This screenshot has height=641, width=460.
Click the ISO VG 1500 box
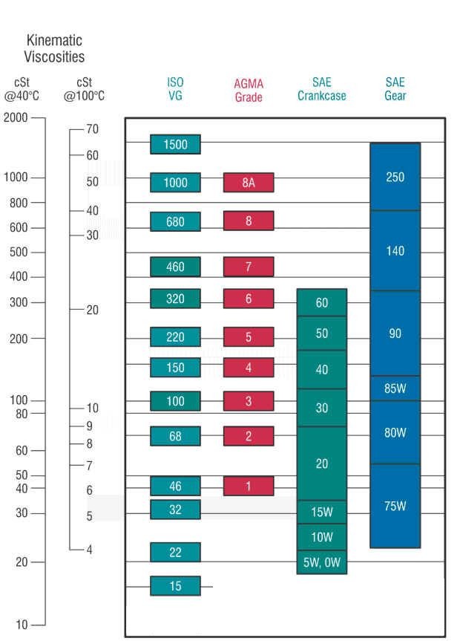point(175,144)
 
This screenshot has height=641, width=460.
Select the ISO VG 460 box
point(175,267)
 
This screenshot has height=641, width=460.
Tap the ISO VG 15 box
point(175,586)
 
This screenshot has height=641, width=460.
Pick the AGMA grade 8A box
point(249,183)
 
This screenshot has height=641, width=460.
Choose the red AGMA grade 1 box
point(249,487)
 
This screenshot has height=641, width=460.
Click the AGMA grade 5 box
point(249,337)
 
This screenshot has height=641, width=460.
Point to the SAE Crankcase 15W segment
point(321,512)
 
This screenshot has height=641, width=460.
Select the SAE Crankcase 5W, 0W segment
point(321,562)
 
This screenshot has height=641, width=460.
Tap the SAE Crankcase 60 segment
point(321,303)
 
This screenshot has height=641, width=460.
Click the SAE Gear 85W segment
point(395,388)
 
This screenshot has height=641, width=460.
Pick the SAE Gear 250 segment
point(395,178)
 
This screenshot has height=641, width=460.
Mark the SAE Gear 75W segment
point(395,506)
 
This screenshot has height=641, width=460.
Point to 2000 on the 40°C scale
point(16,117)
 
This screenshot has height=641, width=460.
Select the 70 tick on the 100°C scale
point(92,129)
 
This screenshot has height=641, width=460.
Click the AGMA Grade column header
point(249,90)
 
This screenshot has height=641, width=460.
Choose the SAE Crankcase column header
point(321,88)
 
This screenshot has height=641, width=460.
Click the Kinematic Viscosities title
point(54,48)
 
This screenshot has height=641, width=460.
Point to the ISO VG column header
point(175,88)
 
